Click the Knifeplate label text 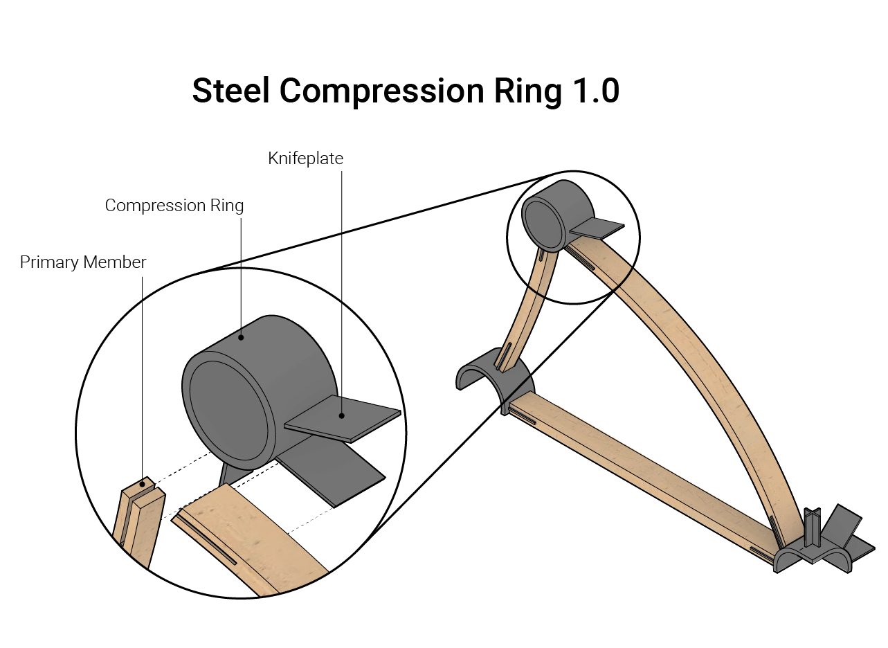click(x=305, y=159)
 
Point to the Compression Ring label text click(x=174, y=206)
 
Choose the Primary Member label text click(x=83, y=262)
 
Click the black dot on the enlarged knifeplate click(x=341, y=416)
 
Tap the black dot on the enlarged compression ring click(x=241, y=338)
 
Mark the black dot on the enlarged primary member click(x=142, y=484)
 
